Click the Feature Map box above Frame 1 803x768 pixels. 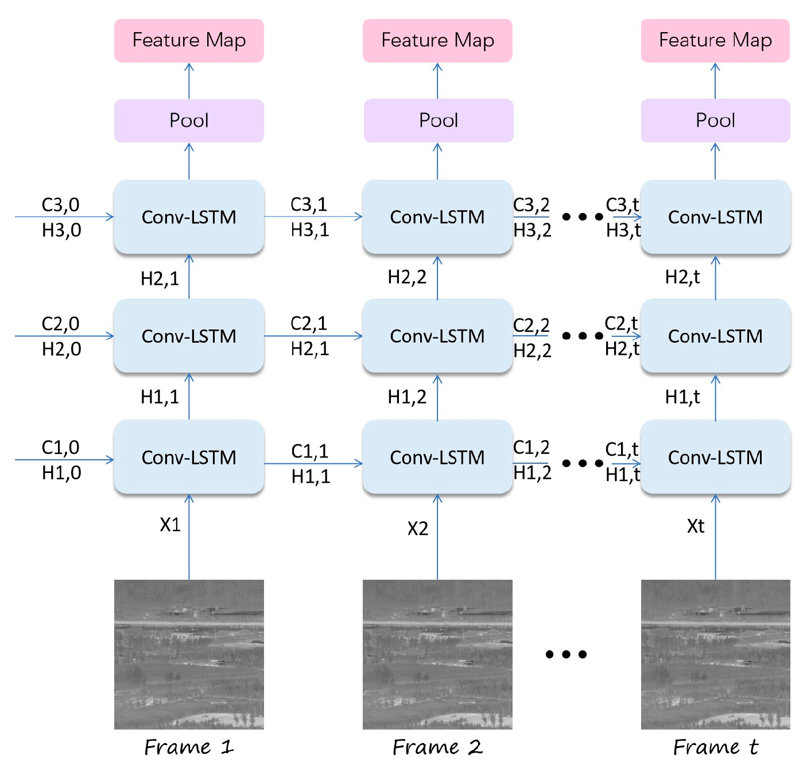coord(189,40)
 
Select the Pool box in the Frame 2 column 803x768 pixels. coord(438,121)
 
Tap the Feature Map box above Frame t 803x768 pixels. coord(715,40)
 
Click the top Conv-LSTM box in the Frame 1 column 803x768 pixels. coord(189,217)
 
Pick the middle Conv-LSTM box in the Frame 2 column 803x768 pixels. coord(437,336)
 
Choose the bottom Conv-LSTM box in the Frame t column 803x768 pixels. coord(715,457)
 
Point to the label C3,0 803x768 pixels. coord(60,205)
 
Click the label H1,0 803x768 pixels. coord(61,473)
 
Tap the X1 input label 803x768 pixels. coord(170,525)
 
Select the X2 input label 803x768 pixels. coord(418,528)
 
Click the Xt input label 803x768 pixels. coord(696,526)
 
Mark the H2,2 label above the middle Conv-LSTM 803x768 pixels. coord(407,277)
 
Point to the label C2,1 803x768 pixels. coord(309,324)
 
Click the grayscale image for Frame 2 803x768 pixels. coord(437,654)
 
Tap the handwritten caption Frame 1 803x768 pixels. coord(189,747)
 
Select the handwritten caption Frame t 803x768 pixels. coord(715,747)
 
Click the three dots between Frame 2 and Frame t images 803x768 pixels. coord(566,654)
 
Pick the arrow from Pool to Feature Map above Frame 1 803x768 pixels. coord(189,81)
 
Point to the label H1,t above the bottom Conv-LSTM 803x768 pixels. coord(682,397)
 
